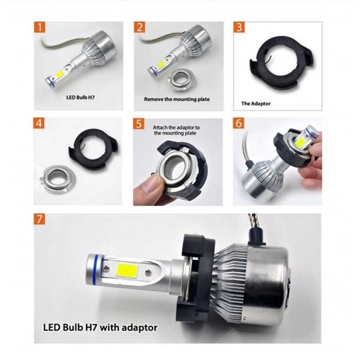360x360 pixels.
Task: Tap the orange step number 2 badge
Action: coord(140,28)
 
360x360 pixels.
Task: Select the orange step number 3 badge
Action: coord(240,28)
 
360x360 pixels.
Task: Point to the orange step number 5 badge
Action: coord(140,124)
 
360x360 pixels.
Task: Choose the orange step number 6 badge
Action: coord(240,124)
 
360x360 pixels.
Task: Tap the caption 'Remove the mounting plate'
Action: coord(176,99)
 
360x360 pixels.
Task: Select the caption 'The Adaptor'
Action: coord(256,103)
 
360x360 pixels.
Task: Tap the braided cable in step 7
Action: coord(255,222)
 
